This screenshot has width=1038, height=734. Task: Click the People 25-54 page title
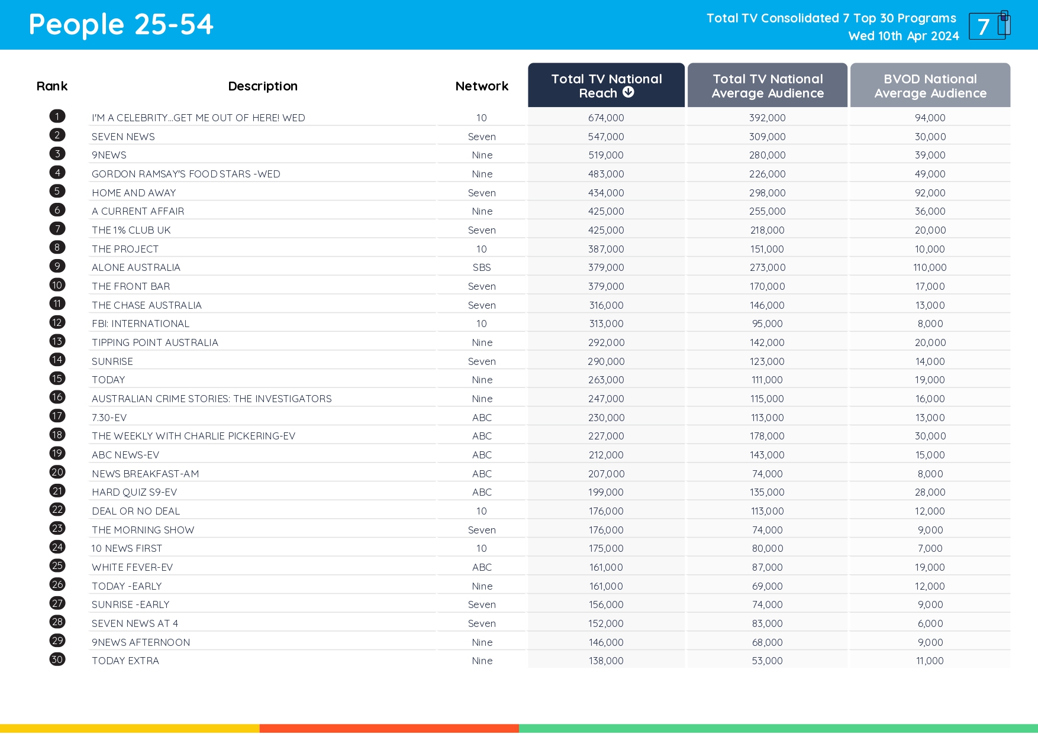[x=121, y=25]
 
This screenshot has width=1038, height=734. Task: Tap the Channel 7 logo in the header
[x=989, y=25]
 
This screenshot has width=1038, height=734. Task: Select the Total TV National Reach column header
[x=606, y=86]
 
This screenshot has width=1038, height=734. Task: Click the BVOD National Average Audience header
[x=930, y=86]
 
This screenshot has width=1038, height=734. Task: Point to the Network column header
[x=482, y=86]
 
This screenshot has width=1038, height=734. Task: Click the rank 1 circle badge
[x=57, y=117]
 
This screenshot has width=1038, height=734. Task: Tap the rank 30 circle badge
[x=57, y=659]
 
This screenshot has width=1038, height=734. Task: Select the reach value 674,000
[x=606, y=118]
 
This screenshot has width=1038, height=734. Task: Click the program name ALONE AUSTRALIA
[x=136, y=267]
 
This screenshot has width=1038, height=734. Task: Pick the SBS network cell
[x=482, y=267]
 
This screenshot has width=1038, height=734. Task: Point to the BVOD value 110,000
[x=930, y=267]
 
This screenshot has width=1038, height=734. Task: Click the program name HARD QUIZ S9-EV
[x=134, y=492]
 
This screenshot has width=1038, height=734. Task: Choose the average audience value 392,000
[x=767, y=118]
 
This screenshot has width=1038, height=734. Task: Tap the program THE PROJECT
[x=125, y=249]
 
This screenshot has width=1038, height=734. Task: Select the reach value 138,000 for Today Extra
[x=606, y=661]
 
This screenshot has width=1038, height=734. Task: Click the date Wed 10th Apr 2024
[x=903, y=36]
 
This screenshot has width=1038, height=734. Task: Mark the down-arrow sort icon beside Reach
[x=628, y=92]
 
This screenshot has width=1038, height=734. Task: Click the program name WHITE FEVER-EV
[x=133, y=567]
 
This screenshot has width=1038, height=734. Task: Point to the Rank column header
[x=52, y=86]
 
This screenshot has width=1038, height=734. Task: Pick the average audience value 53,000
[x=767, y=661]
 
